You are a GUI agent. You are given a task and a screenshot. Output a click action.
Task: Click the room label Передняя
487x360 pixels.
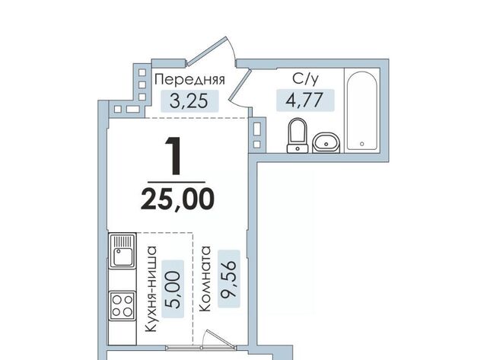[189, 79]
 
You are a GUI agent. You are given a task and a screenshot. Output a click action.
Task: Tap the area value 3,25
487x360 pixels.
[189, 101]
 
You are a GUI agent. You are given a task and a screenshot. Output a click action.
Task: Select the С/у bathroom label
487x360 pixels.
[305, 79]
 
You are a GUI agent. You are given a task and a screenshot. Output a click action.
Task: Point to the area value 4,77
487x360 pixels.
[305, 100]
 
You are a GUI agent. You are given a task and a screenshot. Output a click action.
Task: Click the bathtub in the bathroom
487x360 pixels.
[362, 110]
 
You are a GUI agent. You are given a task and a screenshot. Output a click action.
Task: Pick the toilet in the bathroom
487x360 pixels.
[298, 135]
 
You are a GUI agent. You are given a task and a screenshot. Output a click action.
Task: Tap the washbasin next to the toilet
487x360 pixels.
[326, 143]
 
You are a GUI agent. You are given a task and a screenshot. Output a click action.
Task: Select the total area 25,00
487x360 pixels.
[177, 199]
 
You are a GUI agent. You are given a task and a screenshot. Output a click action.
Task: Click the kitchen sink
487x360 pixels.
[123, 250]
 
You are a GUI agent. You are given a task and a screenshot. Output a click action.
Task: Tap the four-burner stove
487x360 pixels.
[123, 306]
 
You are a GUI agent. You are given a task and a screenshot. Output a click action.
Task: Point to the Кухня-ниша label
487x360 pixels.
[151, 289]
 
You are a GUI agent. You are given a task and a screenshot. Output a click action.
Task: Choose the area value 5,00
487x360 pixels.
[173, 289]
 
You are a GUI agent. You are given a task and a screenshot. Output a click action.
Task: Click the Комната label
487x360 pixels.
[205, 279]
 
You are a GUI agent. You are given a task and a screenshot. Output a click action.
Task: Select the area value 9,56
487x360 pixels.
[229, 279]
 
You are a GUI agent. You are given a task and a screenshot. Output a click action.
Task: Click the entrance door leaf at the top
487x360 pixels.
[206, 51]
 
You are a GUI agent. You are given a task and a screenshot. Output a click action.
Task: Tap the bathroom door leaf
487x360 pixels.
[240, 85]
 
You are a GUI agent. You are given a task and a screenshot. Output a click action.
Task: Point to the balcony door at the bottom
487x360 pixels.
[219, 338]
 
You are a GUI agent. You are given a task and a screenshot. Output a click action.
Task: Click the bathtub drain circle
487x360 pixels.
[362, 144]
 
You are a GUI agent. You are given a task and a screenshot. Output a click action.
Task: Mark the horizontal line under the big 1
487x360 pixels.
[177, 182]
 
